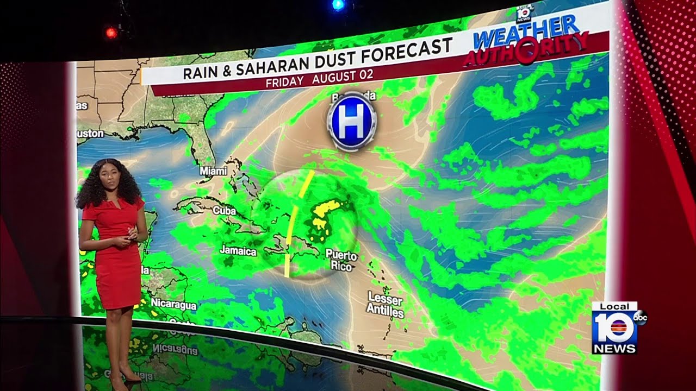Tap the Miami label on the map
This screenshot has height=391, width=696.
point(213,171)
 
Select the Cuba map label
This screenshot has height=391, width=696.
point(224,210)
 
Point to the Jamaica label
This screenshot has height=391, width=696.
point(238,251)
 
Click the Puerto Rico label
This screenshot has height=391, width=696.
point(341,261)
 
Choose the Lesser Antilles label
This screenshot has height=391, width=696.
point(385,305)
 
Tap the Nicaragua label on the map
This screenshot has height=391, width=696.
point(173,304)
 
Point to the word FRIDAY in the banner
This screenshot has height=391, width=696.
point(285,83)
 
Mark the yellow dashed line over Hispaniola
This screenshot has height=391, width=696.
point(295,223)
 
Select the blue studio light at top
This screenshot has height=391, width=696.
point(338,5)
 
